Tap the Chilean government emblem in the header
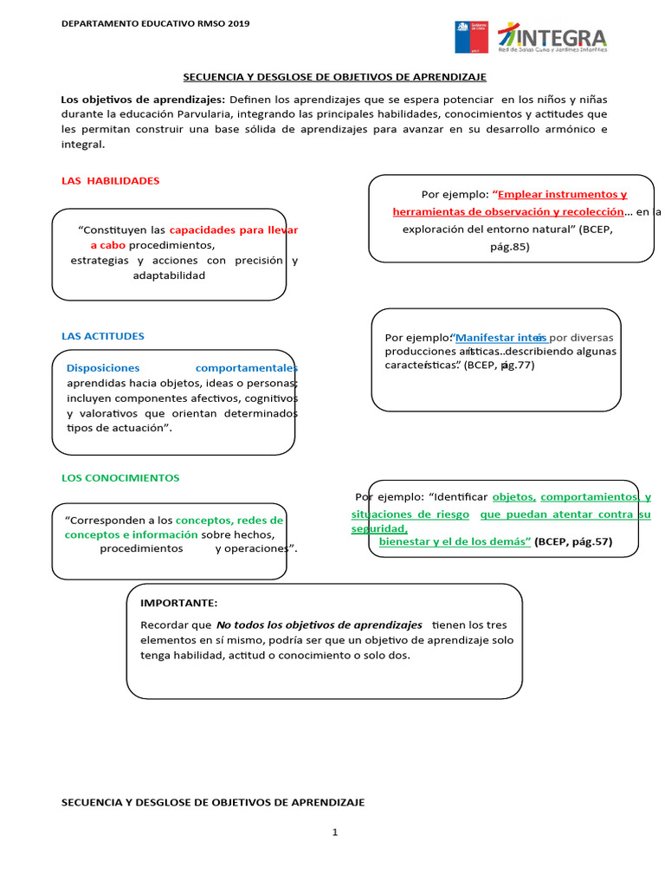click(x=471, y=37)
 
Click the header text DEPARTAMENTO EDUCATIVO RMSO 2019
click(x=155, y=23)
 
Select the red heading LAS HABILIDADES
click(x=110, y=181)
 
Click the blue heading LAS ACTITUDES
click(x=102, y=336)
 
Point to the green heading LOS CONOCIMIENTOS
click(x=120, y=477)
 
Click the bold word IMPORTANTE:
click(x=178, y=603)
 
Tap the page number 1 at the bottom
click(x=334, y=833)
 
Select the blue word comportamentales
click(x=246, y=367)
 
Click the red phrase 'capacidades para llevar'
click(x=233, y=230)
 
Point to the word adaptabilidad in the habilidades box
click(x=169, y=275)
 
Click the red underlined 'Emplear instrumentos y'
click(x=561, y=195)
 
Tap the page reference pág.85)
click(x=509, y=246)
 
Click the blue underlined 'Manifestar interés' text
click(x=500, y=337)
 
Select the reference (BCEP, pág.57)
click(x=573, y=541)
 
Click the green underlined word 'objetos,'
click(x=514, y=497)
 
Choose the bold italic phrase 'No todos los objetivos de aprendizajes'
click(x=319, y=625)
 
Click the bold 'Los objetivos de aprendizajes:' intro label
click(x=143, y=100)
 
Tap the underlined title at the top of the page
click(x=334, y=77)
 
